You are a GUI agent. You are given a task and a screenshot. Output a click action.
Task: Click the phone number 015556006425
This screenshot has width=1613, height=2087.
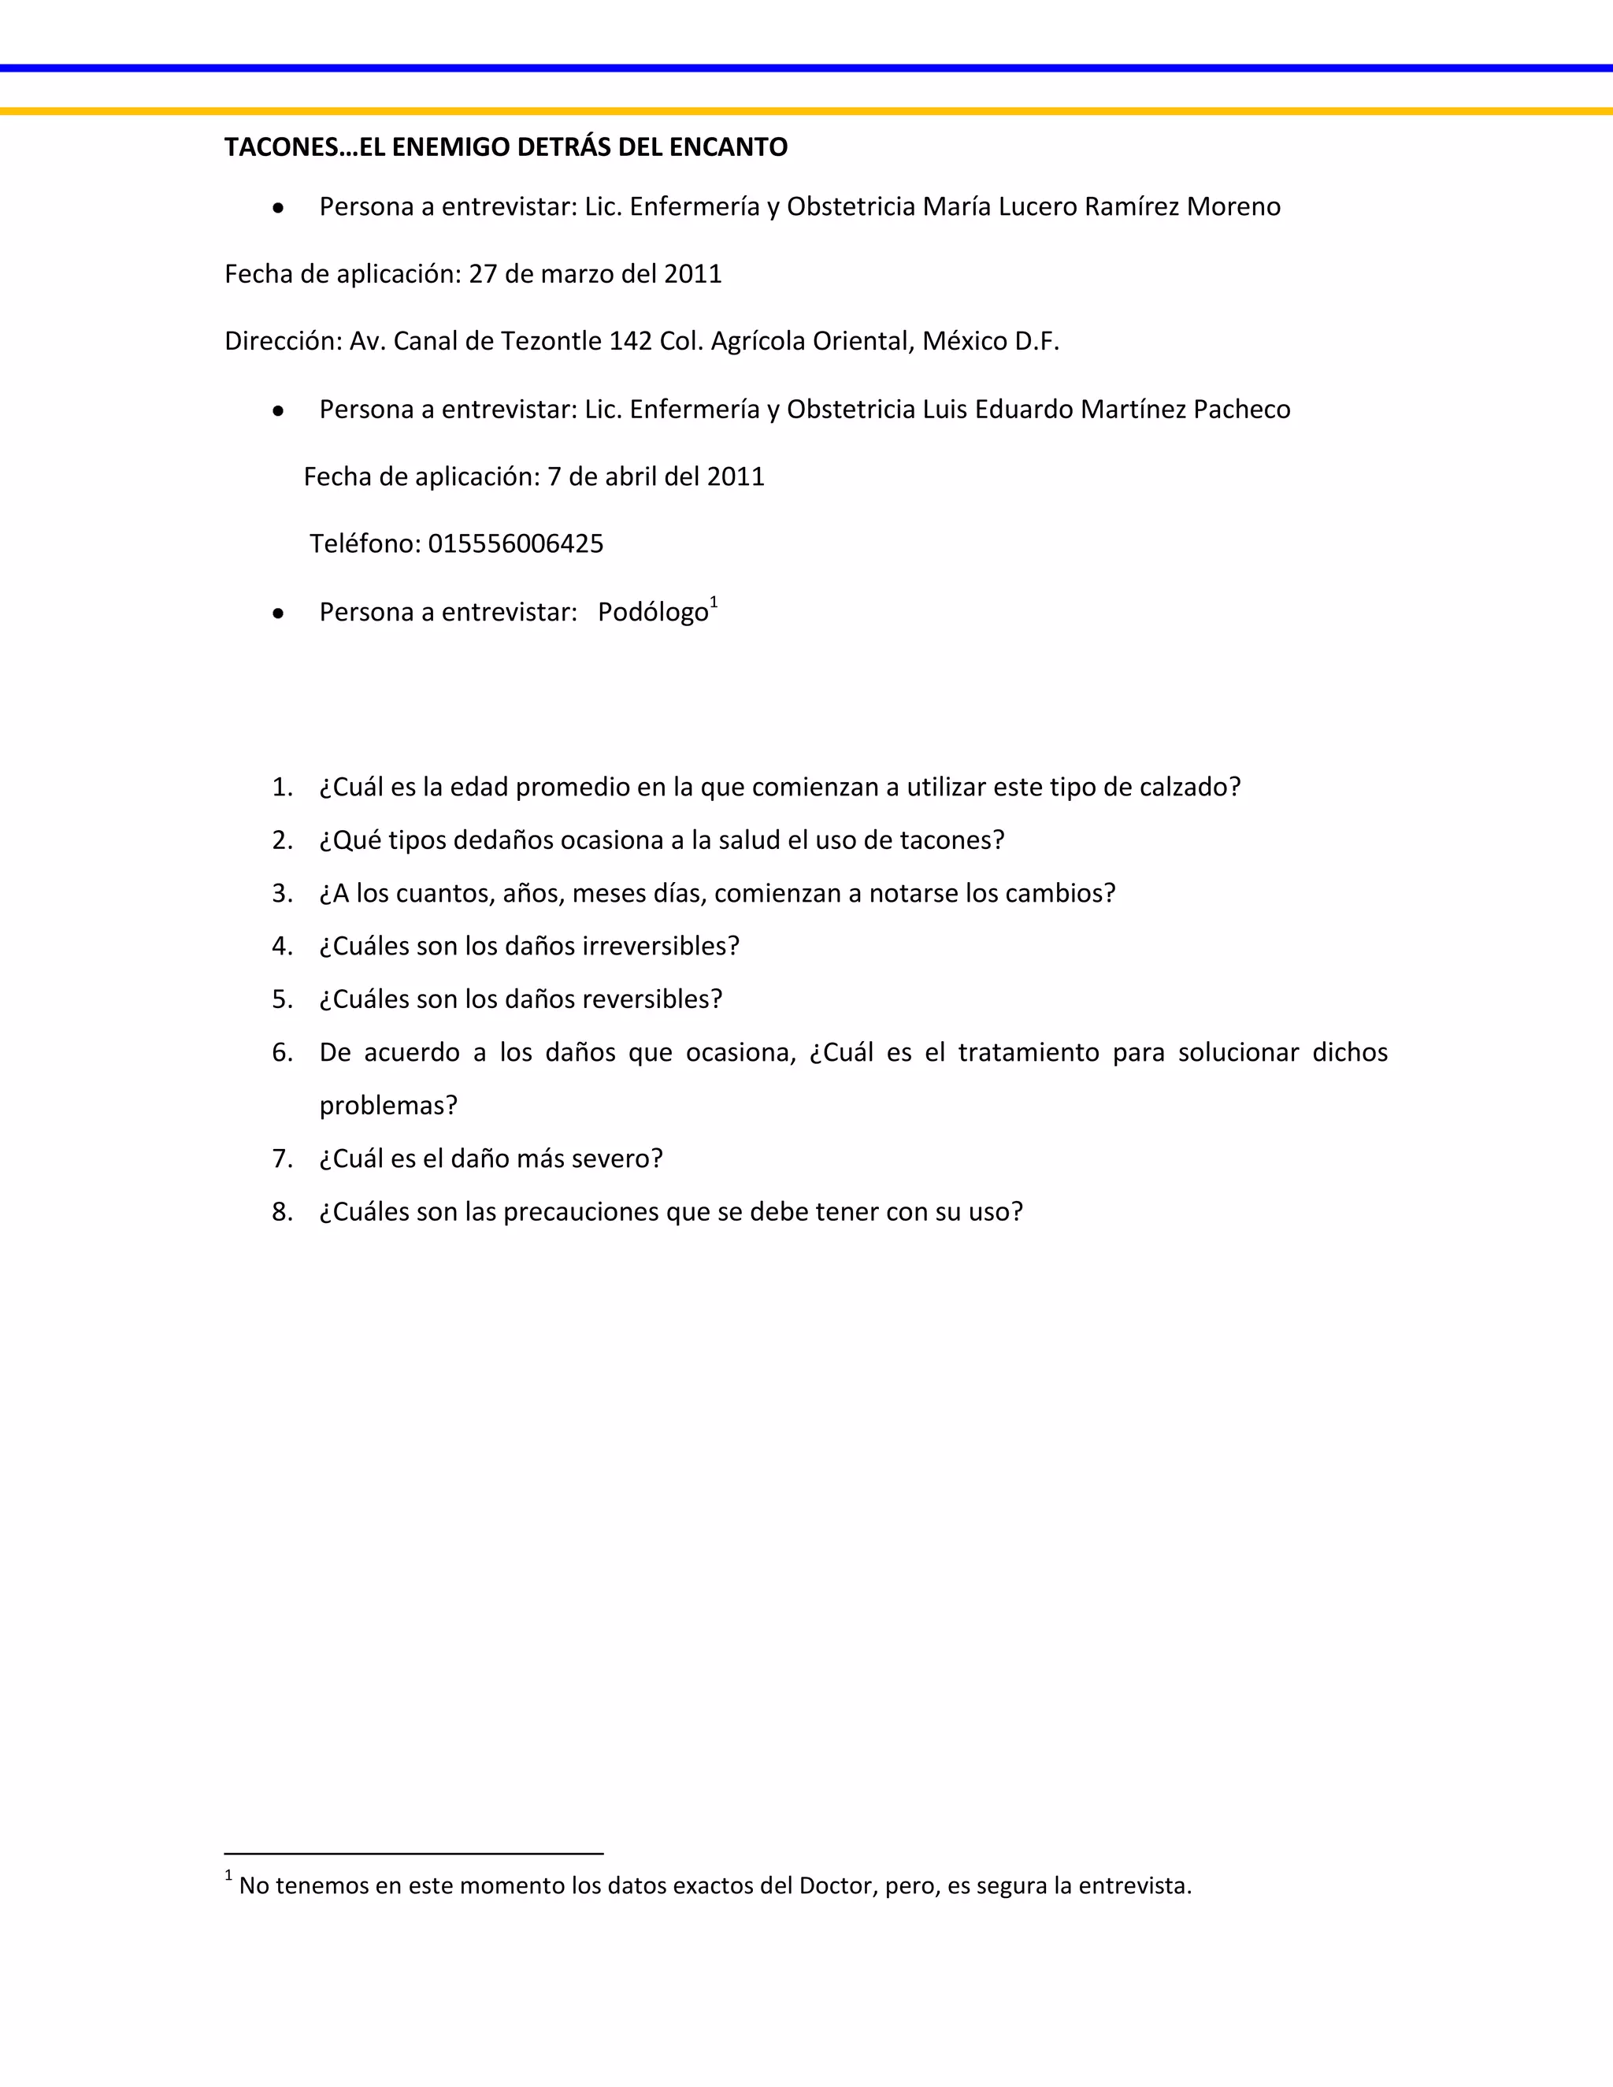[516, 543]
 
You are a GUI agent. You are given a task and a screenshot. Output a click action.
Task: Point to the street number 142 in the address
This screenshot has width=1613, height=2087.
[631, 341]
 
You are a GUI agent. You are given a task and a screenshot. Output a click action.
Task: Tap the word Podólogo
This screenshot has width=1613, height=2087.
[653, 613]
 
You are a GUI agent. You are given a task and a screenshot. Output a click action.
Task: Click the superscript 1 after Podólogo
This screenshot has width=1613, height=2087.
[714, 602]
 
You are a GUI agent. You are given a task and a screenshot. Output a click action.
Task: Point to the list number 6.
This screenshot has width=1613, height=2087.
[281, 1053]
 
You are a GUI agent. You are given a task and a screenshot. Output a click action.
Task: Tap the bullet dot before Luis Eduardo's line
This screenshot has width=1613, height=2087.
[278, 411]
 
